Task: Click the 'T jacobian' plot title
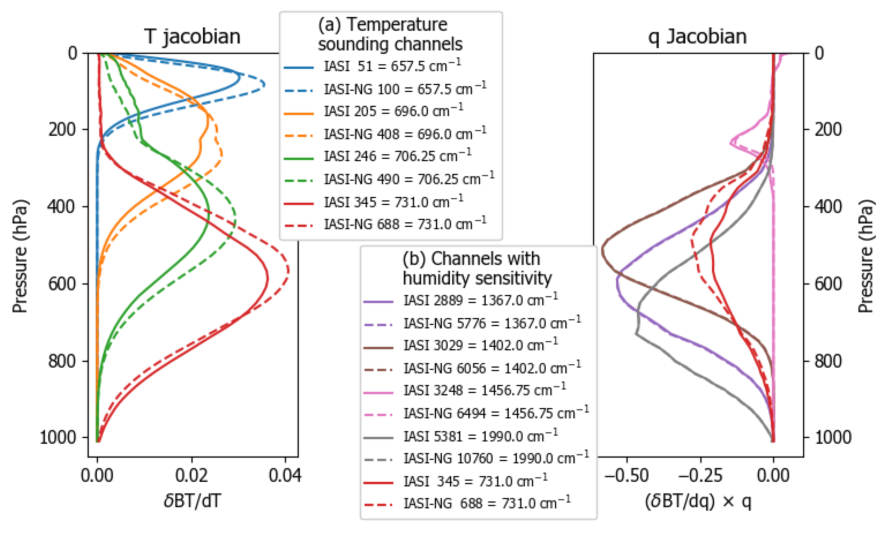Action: [192, 37]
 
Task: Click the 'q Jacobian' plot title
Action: [697, 37]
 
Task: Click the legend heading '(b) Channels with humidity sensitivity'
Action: [477, 268]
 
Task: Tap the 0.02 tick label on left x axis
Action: [191, 476]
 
